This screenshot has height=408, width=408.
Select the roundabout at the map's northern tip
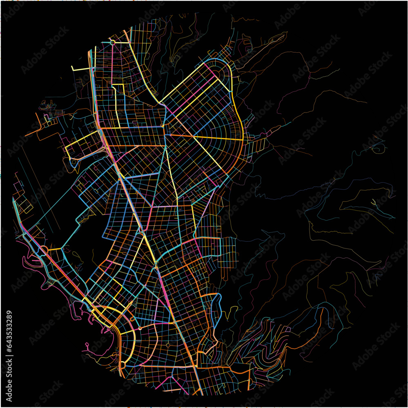point(112,42)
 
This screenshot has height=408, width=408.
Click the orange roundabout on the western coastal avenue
point(44,249)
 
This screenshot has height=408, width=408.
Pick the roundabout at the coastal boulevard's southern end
point(122,363)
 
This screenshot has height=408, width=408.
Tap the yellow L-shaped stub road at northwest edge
point(80,68)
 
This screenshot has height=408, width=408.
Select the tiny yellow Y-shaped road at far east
point(374,203)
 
